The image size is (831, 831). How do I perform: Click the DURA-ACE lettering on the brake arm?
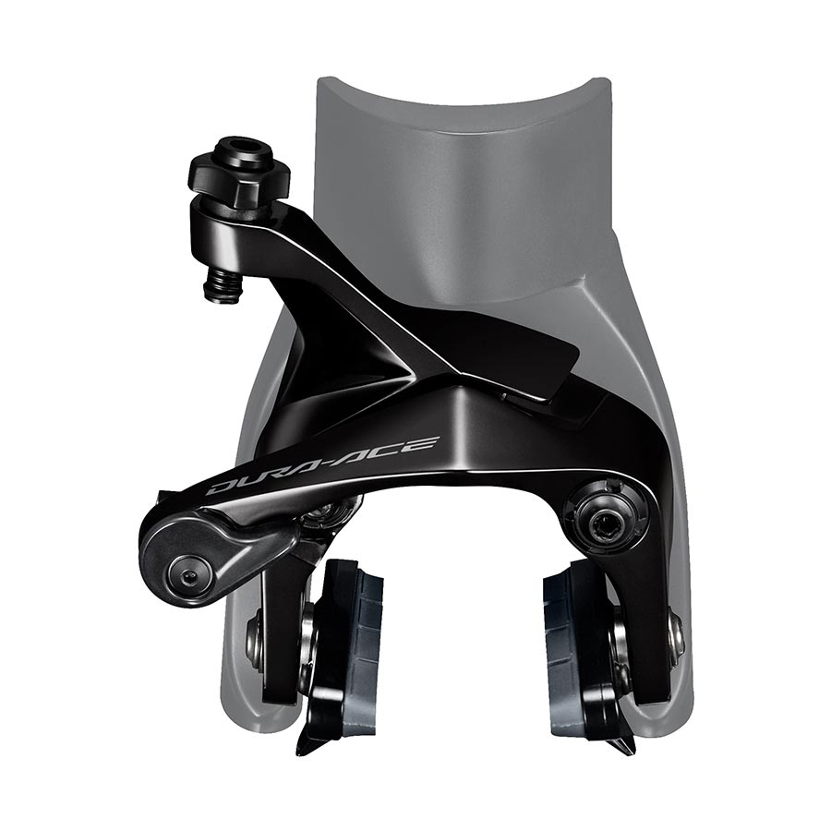click(x=322, y=465)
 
